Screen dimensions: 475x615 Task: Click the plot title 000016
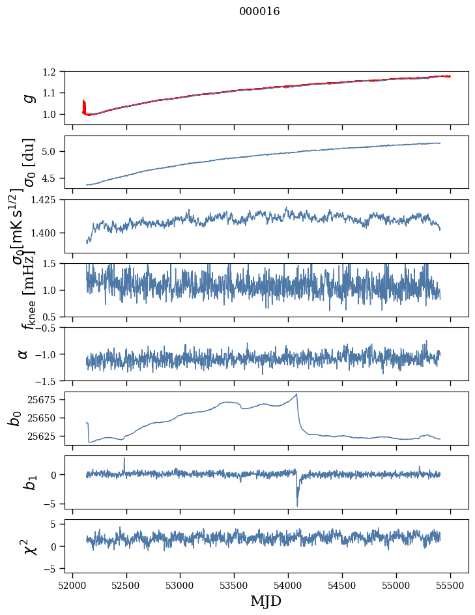259,11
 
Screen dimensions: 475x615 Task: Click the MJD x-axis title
266,601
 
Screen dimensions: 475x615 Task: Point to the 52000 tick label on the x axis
72,586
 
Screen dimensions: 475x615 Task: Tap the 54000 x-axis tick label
288,586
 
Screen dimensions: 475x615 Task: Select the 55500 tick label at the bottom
450,586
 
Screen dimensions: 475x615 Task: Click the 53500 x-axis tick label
234,586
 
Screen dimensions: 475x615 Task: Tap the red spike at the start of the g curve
83,106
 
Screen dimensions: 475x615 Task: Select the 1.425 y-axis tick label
46,200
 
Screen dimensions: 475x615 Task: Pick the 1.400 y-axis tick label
46,233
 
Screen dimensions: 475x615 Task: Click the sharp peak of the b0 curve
296,393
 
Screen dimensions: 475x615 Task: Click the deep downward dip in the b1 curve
297,505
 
